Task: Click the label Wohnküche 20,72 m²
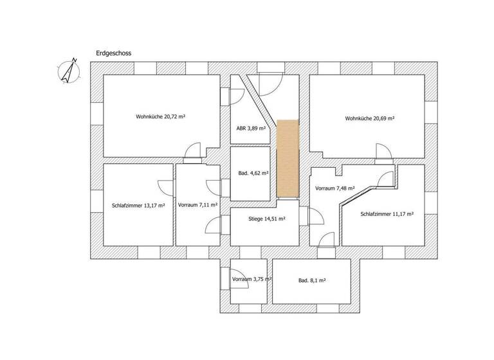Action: (x=165, y=117)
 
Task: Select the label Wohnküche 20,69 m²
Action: (x=369, y=118)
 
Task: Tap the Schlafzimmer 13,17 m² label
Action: (x=138, y=206)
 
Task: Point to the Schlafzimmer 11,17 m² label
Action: (x=387, y=214)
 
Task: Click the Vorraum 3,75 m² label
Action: (x=252, y=280)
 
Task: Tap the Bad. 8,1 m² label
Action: (x=311, y=280)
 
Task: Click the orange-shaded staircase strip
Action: (x=288, y=159)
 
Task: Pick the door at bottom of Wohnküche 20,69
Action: (x=382, y=152)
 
